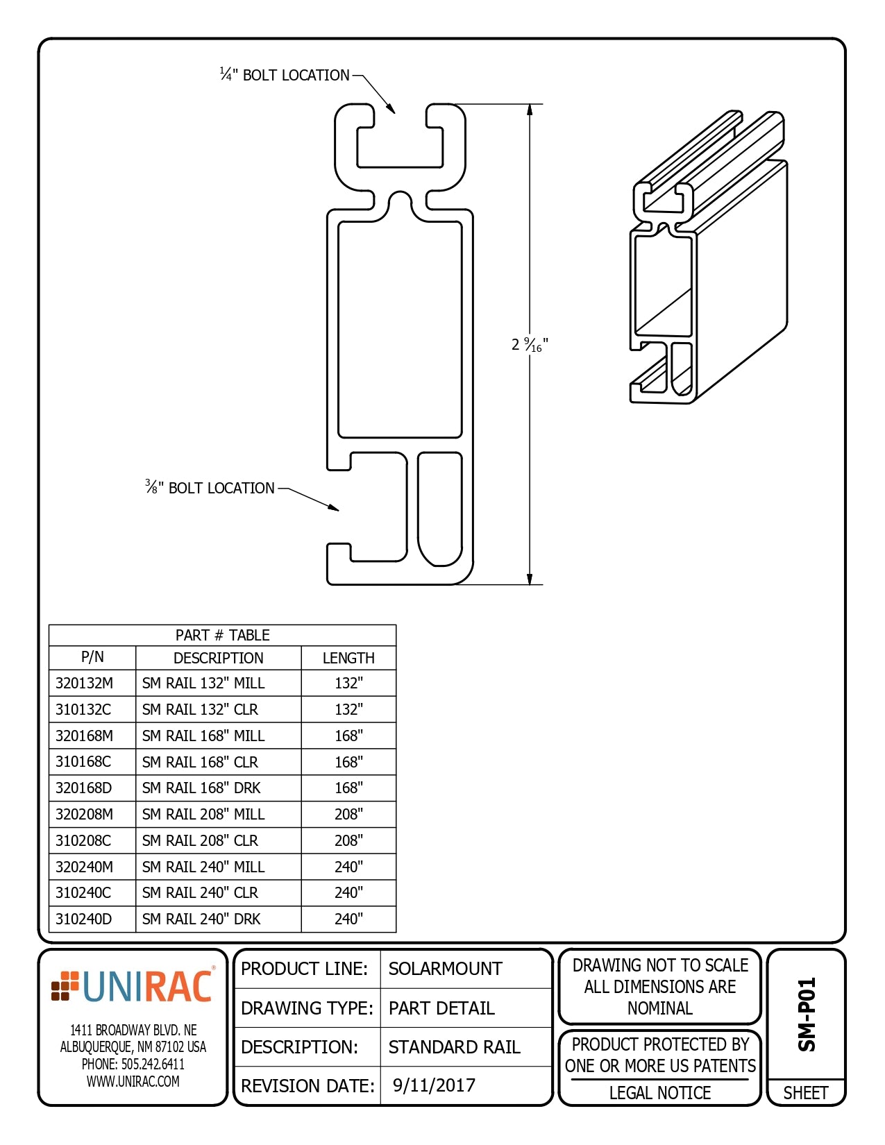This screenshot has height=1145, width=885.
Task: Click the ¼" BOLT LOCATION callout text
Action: (285, 75)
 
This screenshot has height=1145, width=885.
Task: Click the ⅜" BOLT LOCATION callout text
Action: (210, 488)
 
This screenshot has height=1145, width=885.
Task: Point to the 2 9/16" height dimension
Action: (530, 344)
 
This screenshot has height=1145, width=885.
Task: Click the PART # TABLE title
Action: (222, 635)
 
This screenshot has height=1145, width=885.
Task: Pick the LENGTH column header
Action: (348, 658)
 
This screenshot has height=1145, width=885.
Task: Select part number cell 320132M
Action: (85, 683)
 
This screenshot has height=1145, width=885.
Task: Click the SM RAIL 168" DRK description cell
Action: (201, 788)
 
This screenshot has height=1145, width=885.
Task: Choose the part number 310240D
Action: (84, 919)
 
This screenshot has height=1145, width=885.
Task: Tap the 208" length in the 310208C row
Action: (348, 840)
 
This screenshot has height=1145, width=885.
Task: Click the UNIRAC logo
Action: (133, 987)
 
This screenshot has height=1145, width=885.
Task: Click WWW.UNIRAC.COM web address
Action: (133, 1081)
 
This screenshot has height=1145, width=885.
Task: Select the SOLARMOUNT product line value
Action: (445, 969)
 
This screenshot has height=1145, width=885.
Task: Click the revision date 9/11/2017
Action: (434, 1085)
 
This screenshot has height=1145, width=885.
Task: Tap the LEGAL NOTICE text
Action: (659, 1093)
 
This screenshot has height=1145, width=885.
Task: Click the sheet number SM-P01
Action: (807, 1015)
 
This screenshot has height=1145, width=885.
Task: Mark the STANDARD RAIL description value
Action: (454, 1046)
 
